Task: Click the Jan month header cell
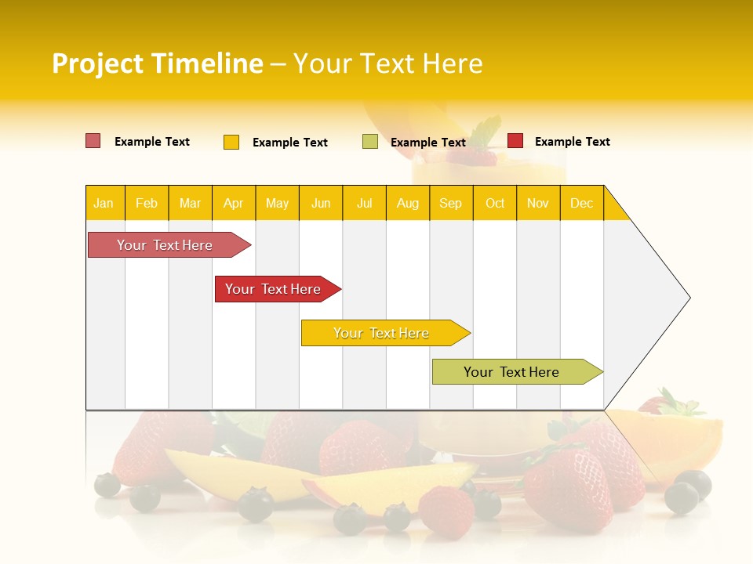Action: click(x=104, y=203)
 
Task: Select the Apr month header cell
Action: click(x=233, y=203)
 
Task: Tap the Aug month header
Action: click(x=407, y=203)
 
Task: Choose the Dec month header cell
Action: click(x=581, y=203)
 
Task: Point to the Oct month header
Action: click(x=494, y=203)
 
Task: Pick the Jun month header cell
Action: click(x=320, y=203)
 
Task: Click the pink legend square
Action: click(x=93, y=141)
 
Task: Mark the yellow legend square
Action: click(x=231, y=142)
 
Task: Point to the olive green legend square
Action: click(x=369, y=142)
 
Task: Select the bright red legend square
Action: click(x=515, y=141)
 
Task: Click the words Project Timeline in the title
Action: click(x=157, y=63)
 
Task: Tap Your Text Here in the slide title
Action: click(x=387, y=63)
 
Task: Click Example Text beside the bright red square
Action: click(x=572, y=142)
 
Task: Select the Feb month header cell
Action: click(x=147, y=203)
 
